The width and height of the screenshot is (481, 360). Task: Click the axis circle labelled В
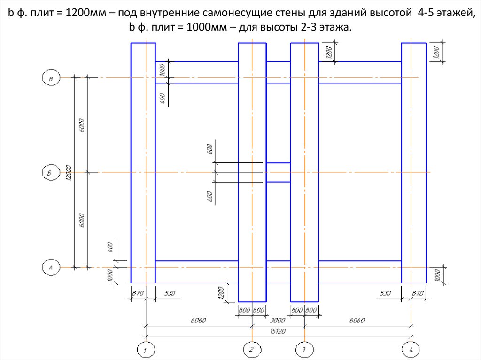(x=51, y=78)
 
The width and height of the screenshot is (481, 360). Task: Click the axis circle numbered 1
(x=146, y=350)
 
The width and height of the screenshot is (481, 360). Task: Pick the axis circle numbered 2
(x=252, y=350)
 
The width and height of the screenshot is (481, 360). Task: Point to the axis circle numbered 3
(x=304, y=350)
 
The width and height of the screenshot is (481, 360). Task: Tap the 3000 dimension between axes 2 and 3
(x=279, y=321)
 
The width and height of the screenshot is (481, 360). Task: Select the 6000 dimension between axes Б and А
(x=82, y=220)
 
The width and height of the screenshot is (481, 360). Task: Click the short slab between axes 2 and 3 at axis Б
(x=279, y=172)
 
